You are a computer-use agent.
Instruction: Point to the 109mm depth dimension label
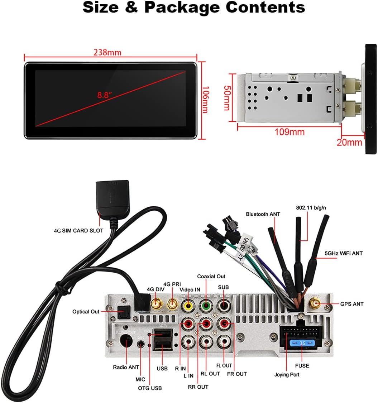coord(290,132)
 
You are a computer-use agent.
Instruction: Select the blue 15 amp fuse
coord(302,343)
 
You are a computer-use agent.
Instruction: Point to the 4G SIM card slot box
coord(113,195)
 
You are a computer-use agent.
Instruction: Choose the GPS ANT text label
coord(352,304)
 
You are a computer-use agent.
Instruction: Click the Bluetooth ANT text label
coord(263,214)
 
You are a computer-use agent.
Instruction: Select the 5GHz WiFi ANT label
coord(343,253)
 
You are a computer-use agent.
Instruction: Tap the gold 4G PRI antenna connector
coord(172,305)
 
